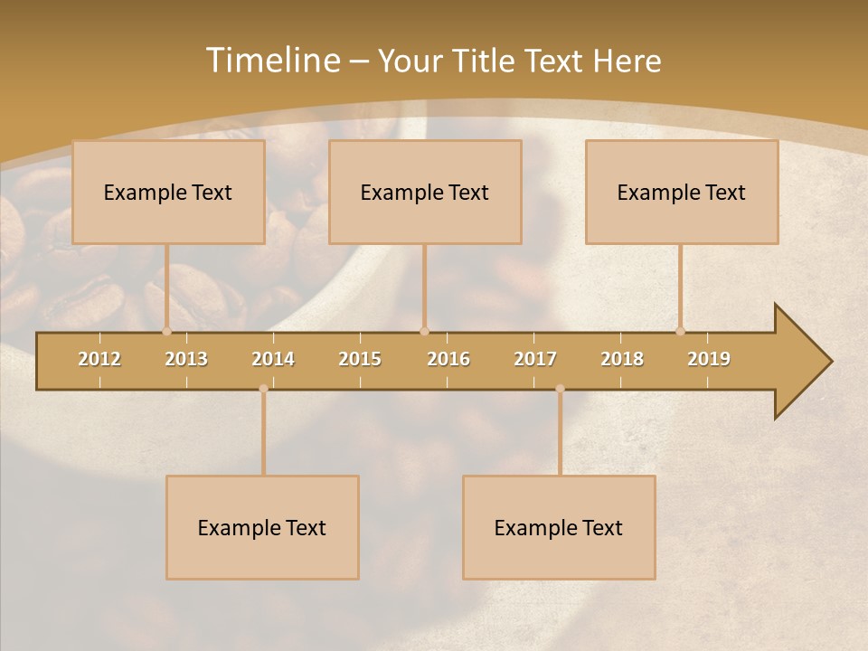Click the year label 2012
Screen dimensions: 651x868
coord(99,359)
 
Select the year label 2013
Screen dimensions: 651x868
coord(186,359)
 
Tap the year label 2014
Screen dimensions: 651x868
coord(273,359)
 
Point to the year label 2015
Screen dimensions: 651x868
coord(360,359)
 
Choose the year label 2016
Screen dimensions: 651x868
coord(448,359)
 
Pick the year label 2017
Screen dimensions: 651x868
coord(535,359)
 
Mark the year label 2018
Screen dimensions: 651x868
coord(622,359)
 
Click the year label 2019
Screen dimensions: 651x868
coord(709,359)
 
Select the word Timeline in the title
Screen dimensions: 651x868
coord(272,61)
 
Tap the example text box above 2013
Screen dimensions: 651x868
coord(168,192)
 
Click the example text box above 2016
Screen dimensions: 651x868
coord(425,192)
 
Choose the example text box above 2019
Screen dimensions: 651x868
coord(682,192)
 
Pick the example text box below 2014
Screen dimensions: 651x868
coord(262,527)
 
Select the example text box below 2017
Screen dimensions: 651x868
coord(559,527)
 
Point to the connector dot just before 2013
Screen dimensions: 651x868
coord(166,331)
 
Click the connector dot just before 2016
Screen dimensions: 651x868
coord(424,331)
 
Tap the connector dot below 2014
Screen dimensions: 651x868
coord(263,389)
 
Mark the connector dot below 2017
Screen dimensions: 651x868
coord(560,389)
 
